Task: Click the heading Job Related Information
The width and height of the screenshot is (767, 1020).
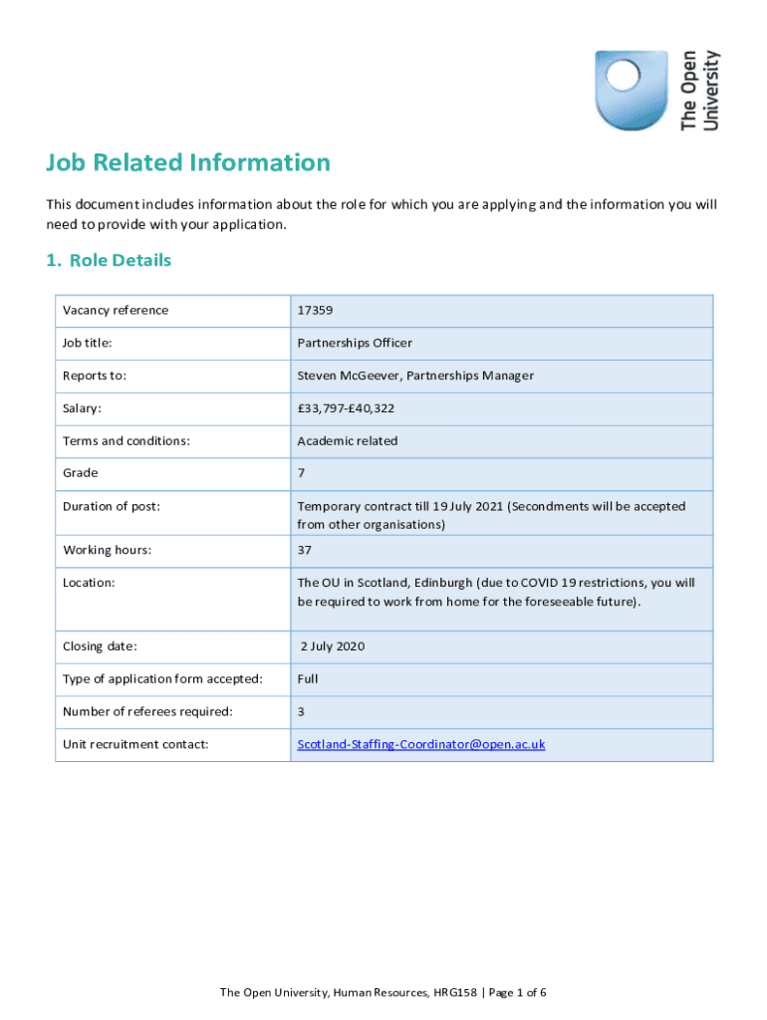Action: (188, 162)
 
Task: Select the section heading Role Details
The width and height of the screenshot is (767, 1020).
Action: (109, 261)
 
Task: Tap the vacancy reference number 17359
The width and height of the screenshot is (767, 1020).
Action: (315, 311)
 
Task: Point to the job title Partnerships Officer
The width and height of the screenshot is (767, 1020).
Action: (355, 344)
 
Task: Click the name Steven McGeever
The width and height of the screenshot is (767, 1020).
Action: (348, 377)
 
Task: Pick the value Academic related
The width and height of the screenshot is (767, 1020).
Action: (347, 441)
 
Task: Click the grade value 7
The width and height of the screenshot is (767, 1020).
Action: (301, 474)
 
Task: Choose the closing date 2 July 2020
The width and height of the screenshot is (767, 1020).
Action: (333, 647)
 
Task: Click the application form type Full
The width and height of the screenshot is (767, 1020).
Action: (307, 679)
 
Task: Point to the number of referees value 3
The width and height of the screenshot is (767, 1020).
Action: (301, 712)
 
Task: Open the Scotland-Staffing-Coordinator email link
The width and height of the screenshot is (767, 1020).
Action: (421, 745)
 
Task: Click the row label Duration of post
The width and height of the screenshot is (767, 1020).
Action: (112, 507)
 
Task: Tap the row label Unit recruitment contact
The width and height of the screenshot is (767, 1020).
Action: (135, 745)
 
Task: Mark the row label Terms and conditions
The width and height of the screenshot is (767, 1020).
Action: (127, 441)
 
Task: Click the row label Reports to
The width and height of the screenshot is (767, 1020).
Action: (95, 377)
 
